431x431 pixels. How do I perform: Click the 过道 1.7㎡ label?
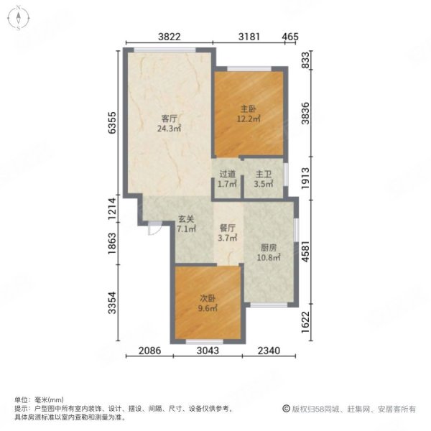[x=227, y=179]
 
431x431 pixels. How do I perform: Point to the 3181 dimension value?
[x=249, y=36]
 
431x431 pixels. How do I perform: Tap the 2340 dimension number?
[x=271, y=351]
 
